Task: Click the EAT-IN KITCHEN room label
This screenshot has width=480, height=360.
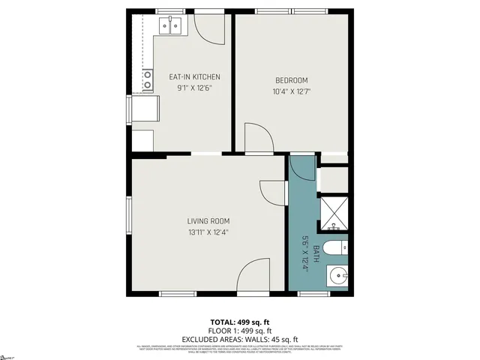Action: click(x=193, y=77)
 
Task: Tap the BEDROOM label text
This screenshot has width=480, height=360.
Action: click(x=292, y=80)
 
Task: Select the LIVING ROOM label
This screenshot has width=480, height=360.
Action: click(x=208, y=221)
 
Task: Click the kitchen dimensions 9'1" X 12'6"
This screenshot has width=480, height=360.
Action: click(x=193, y=88)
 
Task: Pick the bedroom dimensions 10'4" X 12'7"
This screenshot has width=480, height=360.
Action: click(x=292, y=91)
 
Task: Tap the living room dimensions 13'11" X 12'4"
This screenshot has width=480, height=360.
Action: click(x=208, y=232)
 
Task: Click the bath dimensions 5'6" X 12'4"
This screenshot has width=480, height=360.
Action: click(x=306, y=253)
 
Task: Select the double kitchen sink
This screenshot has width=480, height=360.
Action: click(x=169, y=28)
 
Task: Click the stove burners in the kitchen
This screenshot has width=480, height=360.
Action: click(x=147, y=83)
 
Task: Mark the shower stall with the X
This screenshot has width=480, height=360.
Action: click(x=333, y=212)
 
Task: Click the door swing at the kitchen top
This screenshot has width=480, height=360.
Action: click(x=208, y=30)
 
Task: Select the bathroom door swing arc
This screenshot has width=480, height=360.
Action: click(x=303, y=168)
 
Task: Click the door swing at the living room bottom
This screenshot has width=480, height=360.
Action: click(x=253, y=276)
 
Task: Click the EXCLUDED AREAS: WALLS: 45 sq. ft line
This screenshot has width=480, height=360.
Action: click(x=239, y=338)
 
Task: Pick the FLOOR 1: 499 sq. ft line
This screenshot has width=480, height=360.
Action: click(x=239, y=331)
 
